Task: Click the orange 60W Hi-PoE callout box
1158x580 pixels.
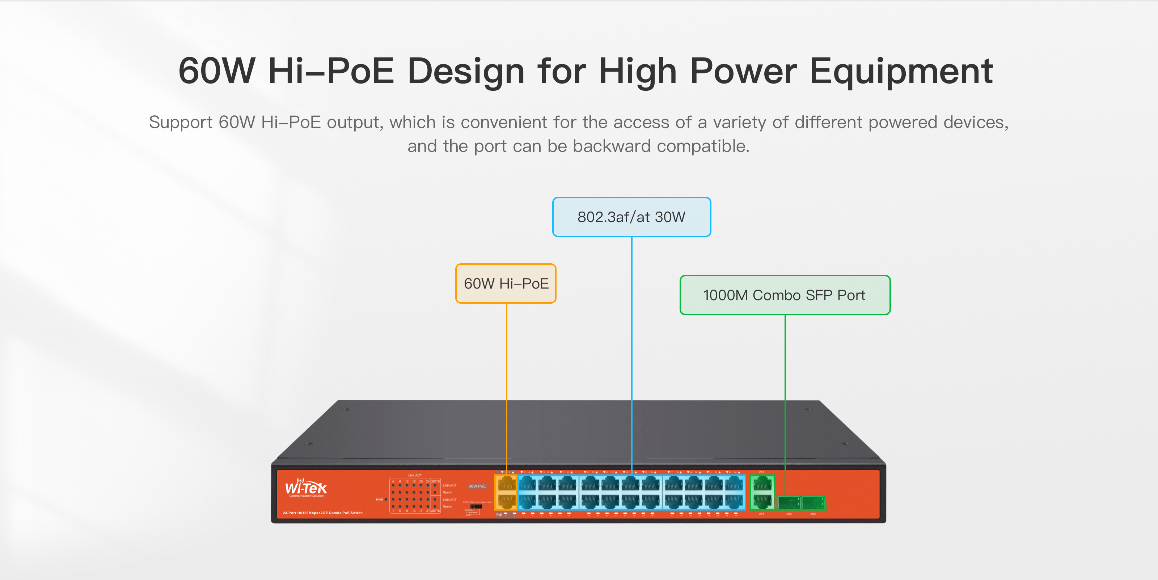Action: pos(506,283)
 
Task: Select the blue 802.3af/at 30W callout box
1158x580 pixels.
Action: pos(631,217)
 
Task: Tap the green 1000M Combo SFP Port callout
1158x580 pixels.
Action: pos(785,295)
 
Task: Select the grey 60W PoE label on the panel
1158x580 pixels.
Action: pos(477,486)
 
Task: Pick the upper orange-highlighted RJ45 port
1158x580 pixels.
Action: pos(507,484)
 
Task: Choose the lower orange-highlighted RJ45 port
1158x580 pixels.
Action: pos(507,500)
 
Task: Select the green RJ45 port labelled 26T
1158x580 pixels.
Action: pos(762,484)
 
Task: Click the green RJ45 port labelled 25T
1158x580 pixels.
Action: pos(762,501)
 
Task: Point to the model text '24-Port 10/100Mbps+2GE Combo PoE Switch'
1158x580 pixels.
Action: pos(322,513)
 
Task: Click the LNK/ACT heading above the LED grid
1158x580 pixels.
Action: pos(414,475)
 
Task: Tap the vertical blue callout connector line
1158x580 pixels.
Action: pos(631,350)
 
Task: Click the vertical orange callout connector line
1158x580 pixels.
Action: pos(507,382)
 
